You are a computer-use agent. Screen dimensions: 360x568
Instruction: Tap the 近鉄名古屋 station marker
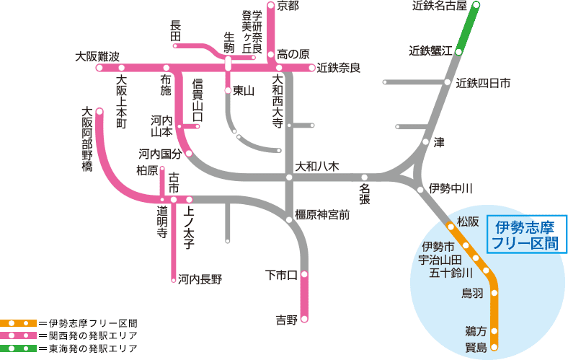[x=476, y=6]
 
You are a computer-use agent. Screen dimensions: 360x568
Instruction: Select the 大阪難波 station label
[x=97, y=56]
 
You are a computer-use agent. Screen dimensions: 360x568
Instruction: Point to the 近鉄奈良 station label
[x=338, y=68]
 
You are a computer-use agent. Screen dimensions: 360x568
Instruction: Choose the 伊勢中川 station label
[x=451, y=189]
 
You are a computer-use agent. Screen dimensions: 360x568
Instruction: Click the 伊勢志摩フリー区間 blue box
[x=527, y=235]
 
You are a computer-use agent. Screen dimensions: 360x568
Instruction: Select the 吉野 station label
[x=286, y=320]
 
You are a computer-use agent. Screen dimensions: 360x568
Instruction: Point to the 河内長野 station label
[x=200, y=278]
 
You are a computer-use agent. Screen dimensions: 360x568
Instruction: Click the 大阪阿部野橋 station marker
[x=99, y=112]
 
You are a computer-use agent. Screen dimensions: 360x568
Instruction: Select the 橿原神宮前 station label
[x=322, y=214]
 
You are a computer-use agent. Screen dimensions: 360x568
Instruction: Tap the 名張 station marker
[x=365, y=177]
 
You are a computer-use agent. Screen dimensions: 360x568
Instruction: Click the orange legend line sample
[x=18, y=322]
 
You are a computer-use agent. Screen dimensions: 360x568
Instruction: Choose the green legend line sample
[x=18, y=348]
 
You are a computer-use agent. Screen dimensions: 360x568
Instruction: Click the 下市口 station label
[x=281, y=275]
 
